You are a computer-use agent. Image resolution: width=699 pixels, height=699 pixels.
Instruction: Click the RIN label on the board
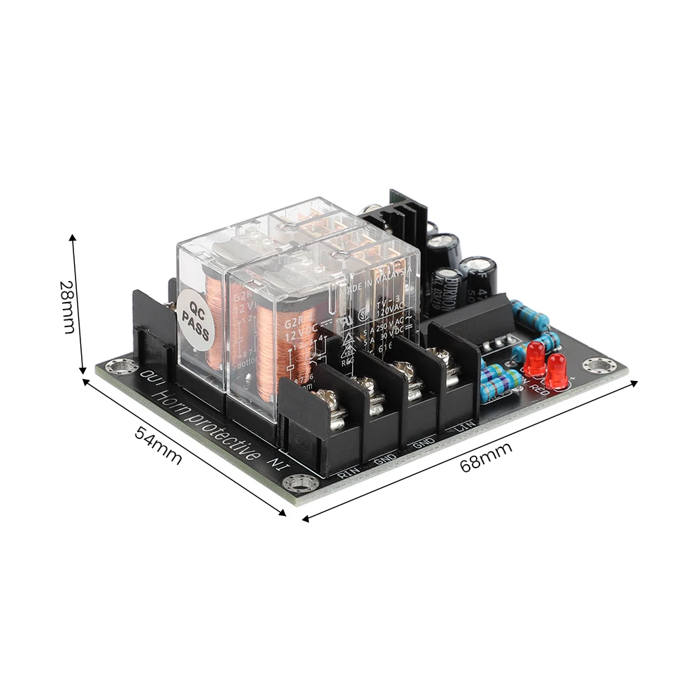click(347, 475)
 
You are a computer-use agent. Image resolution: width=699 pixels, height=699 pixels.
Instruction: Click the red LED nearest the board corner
click(556, 370)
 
